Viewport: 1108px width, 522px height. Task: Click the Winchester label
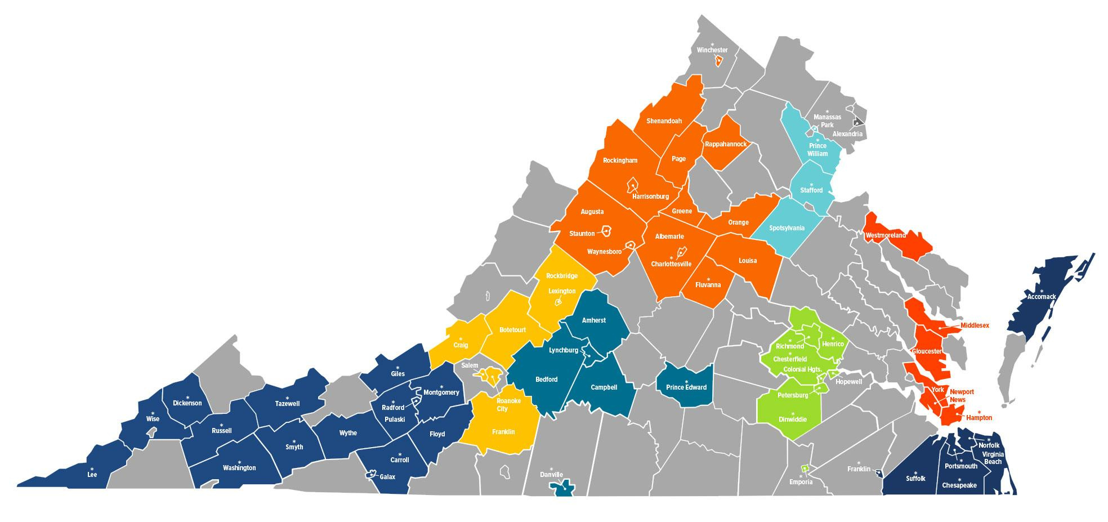tap(712, 50)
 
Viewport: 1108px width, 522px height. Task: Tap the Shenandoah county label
tap(664, 121)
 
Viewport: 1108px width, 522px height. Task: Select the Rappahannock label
tap(725, 144)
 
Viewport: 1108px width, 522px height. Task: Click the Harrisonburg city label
tap(650, 197)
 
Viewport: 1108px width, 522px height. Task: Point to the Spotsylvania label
tap(787, 228)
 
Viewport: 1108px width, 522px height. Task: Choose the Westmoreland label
tap(886, 235)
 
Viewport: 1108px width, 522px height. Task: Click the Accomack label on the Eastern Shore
tap(1042, 296)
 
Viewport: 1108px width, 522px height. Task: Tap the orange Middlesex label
tap(975, 325)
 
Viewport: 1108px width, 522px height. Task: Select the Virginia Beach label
tap(993, 458)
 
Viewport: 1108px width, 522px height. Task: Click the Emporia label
tap(801, 482)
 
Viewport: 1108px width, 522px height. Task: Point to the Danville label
tap(551, 475)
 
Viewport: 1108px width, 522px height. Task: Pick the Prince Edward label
tap(686, 387)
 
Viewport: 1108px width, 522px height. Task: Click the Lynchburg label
tap(564, 350)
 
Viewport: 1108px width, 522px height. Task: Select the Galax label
tap(387, 477)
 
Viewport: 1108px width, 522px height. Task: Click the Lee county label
tap(92, 475)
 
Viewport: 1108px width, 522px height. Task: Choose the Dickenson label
tap(187, 403)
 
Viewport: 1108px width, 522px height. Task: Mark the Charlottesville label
tap(671, 264)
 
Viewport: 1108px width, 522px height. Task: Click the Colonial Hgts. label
tap(802, 369)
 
